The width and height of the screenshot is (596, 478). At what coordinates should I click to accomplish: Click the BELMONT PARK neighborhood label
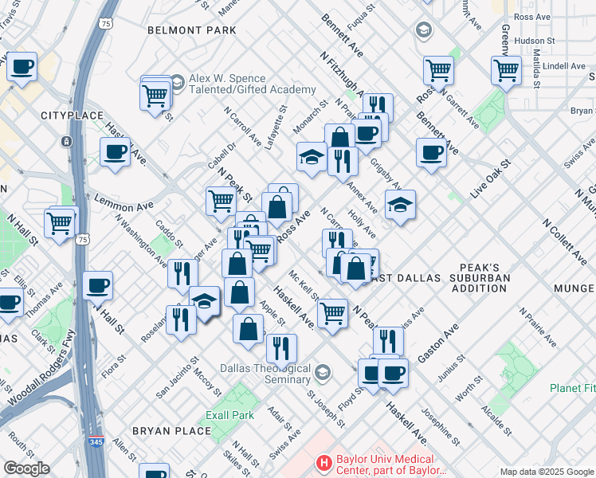tap(192, 30)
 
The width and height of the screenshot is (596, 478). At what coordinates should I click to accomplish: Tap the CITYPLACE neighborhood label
tap(73, 116)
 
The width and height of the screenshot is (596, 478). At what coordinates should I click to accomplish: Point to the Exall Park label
tap(229, 415)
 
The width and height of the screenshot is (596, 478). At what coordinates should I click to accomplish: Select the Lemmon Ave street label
tap(123, 206)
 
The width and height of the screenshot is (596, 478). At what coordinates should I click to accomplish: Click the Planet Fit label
tap(572, 388)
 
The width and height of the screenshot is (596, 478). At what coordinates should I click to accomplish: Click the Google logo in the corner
tap(25, 468)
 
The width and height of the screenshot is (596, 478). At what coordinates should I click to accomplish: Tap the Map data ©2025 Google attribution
tap(546, 472)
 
